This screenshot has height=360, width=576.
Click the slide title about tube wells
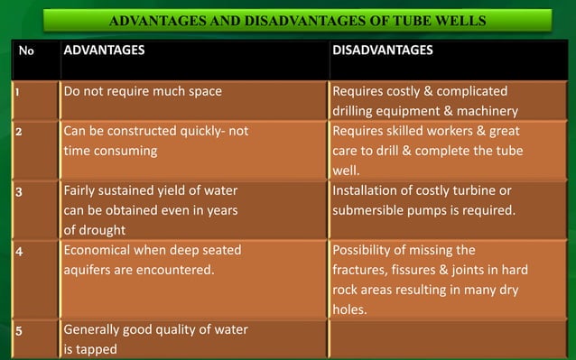coord(297,21)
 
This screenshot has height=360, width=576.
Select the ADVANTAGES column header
coord(104,50)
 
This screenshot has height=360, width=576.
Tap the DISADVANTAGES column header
coord(382,50)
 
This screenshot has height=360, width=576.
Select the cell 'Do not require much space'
coord(142,91)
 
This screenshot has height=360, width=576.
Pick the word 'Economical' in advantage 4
coord(99,250)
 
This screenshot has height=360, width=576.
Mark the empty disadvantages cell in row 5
coord(449,338)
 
